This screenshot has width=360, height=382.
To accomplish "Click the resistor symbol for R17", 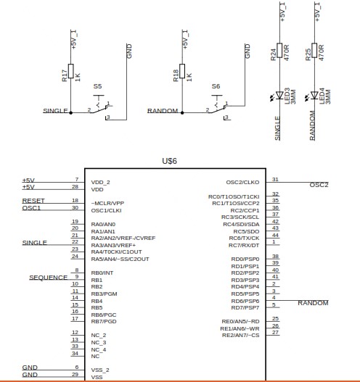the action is pyautogui.click(x=70, y=71).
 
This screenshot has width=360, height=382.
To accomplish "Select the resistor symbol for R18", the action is pyautogui.click(x=182, y=71).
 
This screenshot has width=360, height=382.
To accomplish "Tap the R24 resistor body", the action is pyautogui.click(x=279, y=51).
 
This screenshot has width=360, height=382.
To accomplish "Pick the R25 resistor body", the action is pyautogui.click(x=314, y=51).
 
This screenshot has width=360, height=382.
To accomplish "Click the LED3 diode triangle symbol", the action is pyautogui.click(x=279, y=95).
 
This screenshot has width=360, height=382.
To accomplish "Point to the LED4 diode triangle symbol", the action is pyautogui.click(x=314, y=95).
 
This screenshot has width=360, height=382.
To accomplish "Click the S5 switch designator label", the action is pyautogui.click(x=97, y=86).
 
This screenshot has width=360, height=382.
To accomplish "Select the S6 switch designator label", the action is pyautogui.click(x=216, y=86).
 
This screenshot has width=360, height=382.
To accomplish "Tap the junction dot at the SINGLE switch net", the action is pyautogui.click(x=70, y=113).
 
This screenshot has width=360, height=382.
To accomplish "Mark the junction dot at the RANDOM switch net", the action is pyautogui.click(x=182, y=113).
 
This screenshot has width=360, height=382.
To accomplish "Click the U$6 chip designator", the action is pyautogui.click(x=170, y=161).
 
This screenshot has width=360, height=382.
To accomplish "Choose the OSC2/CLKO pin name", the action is pyautogui.click(x=242, y=182).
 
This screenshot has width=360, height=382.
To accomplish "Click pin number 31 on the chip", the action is pyautogui.click(x=275, y=179).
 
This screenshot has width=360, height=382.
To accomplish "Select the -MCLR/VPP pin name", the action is pyautogui.click(x=107, y=203).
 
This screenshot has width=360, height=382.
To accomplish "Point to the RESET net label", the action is pyautogui.click(x=33, y=201).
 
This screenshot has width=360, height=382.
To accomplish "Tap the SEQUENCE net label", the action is pyautogui.click(x=49, y=278).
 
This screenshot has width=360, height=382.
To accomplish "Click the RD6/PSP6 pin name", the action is pyautogui.click(x=245, y=301).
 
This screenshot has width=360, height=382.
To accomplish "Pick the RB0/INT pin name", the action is pyautogui.click(x=102, y=273).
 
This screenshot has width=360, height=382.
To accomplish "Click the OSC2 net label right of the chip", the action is pyautogui.click(x=319, y=185).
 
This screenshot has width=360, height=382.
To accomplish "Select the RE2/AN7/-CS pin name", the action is pyautogui.click(x=240, y=335).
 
